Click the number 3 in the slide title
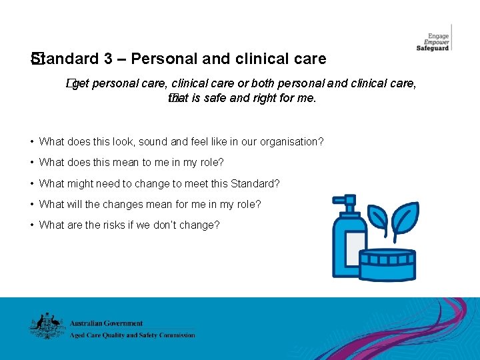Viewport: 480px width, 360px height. click(109, 59)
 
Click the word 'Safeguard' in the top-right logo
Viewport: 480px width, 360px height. click(433, 49)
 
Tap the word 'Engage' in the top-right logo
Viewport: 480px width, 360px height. click(438, 35)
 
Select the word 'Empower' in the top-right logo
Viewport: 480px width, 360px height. click(437, 42)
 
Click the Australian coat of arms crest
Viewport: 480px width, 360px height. click(45, 326)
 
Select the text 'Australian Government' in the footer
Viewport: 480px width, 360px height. click(106, 323)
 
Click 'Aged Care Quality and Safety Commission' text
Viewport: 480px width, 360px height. click(133, 335)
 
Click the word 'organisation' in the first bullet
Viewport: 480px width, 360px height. click(294, 141)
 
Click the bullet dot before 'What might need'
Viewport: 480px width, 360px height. click(32, 183)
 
